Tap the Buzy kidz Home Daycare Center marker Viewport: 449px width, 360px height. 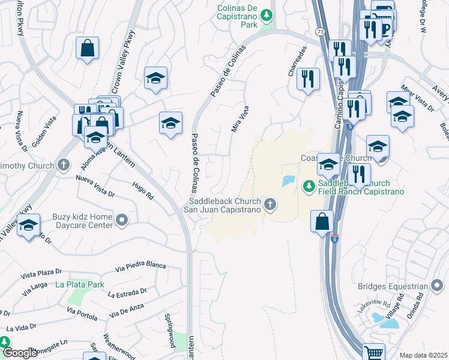coord(122,220)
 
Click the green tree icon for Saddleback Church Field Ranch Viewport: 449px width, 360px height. coord(309,187)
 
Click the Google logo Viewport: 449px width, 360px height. coord(20,353)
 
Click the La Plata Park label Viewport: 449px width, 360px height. coord(80,284)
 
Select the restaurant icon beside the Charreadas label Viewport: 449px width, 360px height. coord(308,79)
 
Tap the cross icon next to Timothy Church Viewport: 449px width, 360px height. coord(64,165)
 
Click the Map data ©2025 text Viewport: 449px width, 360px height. coord(423,355)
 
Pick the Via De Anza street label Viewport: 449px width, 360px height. coord(127,312)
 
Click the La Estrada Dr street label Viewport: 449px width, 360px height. coord(127,293)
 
